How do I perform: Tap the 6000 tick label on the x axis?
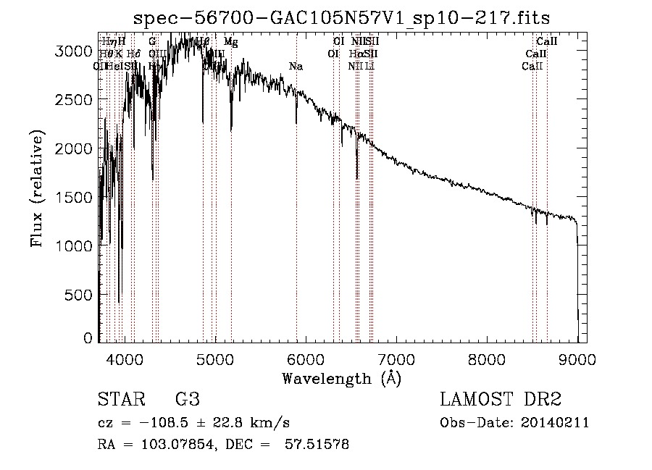point(306,358)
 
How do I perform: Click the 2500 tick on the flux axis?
point(99,99)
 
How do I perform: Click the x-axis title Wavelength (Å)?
point(341,378)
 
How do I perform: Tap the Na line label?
point(296,67)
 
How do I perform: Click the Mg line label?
point(230,42)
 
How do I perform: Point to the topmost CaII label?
point(546,42)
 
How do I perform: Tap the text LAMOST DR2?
point(501,400)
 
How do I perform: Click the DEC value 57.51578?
point(318,445)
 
